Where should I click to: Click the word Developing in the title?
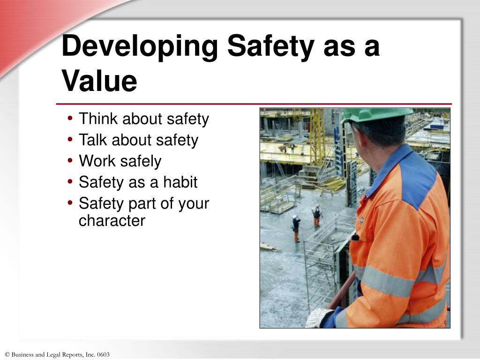click(x=139, y=47)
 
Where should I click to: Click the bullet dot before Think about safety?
click(x=70, y=119)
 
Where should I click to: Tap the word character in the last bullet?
click(x=112, y=220)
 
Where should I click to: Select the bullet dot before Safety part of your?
click(x=70, y=203)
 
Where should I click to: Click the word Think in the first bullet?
click(x=99, y=119)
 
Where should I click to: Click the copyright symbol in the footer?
click(x=7, y=355)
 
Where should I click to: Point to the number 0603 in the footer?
click(x=103, y=355)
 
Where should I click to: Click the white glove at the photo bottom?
click(x=319, y=317)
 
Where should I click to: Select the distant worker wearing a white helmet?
click(x=296, y=228)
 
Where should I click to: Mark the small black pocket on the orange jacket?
click(x=355, y=237)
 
